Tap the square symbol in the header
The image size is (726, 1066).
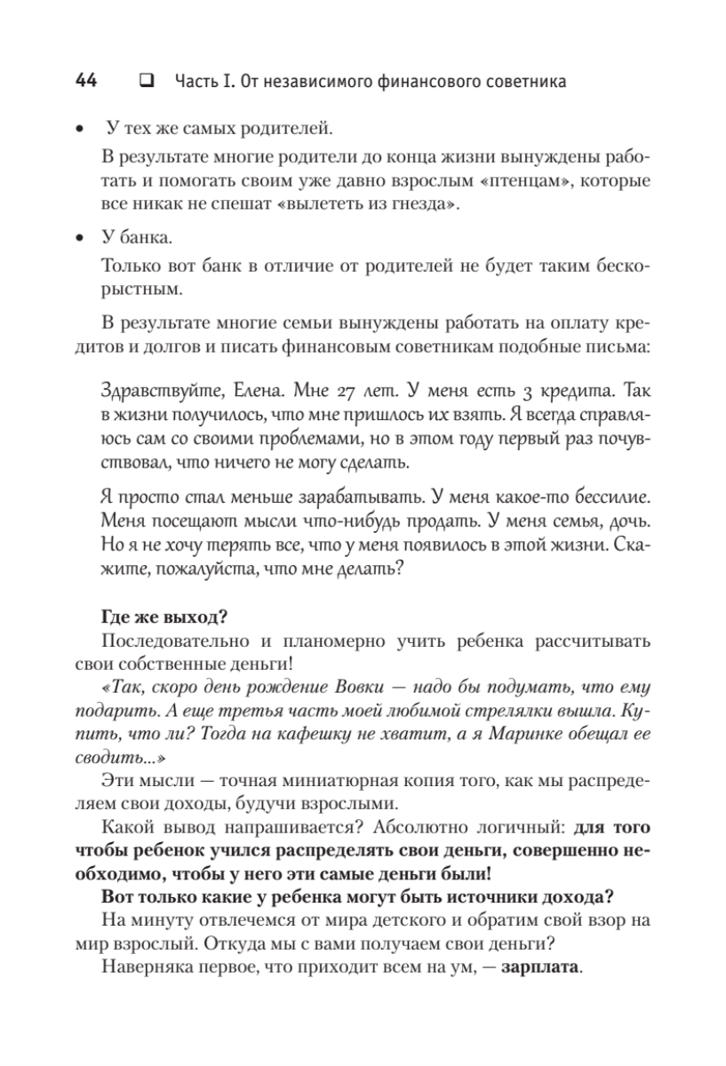[144, 82]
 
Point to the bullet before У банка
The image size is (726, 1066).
[80, 238]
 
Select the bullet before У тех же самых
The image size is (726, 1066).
[80, 131]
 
